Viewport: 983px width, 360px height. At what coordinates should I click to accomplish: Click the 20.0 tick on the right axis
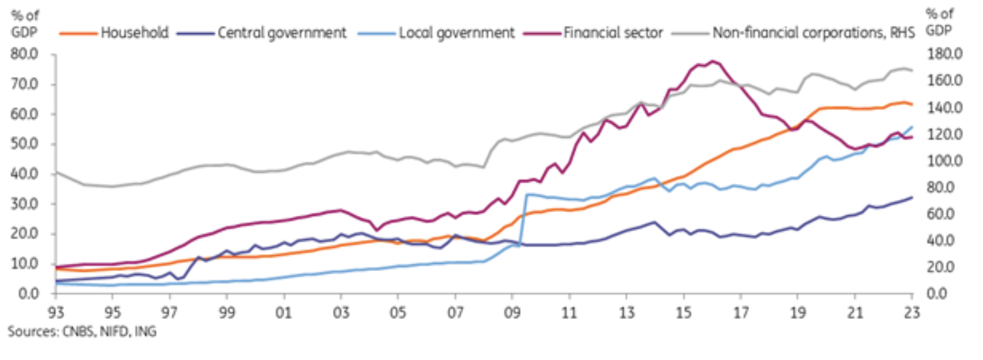point(934,267)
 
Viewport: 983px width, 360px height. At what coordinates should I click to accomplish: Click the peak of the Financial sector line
point(713,61)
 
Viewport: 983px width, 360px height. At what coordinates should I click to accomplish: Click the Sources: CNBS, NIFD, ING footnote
point(81,332)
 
